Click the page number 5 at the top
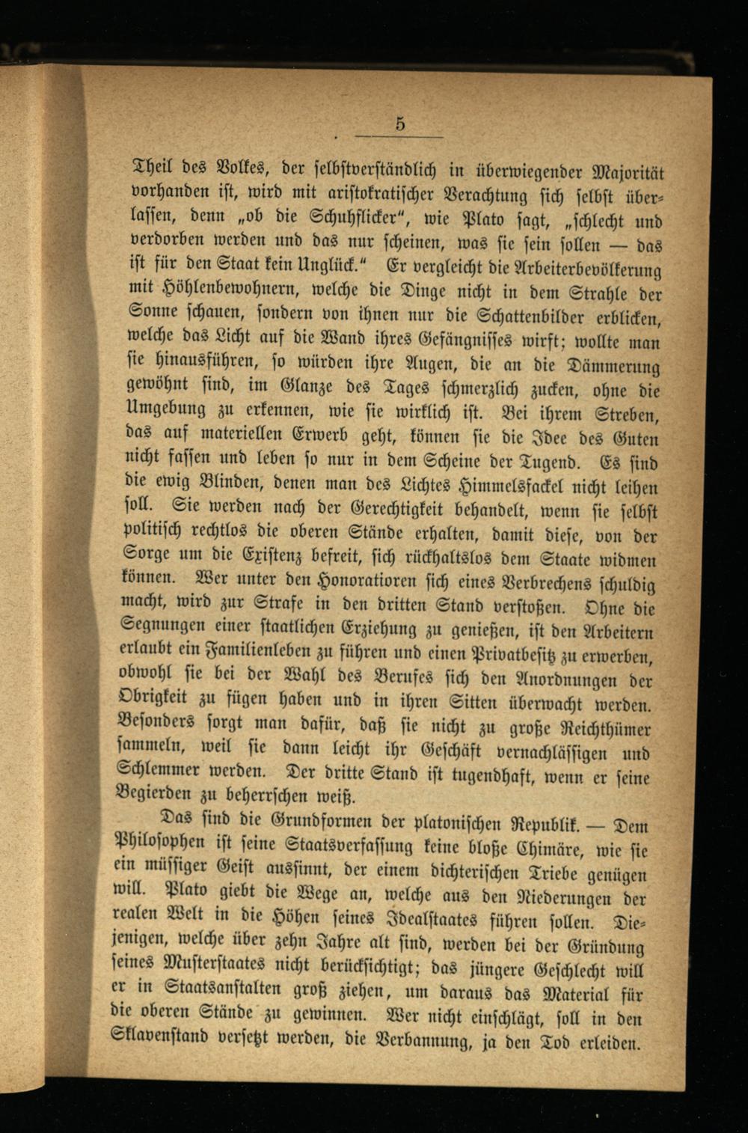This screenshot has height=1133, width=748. pos(400,125)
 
